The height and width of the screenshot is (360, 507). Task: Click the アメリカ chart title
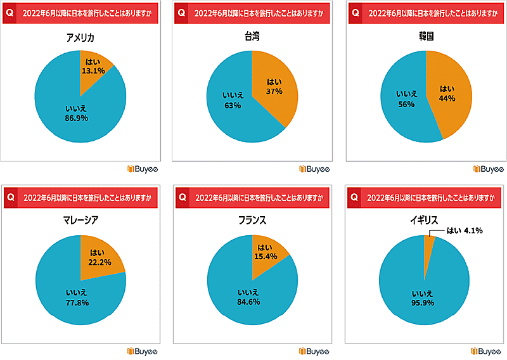[80, 38]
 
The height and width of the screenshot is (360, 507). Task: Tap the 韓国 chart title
[425, 38]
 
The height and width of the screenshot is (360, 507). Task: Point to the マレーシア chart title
[80, 221]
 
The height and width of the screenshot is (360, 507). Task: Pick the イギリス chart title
[425, 221]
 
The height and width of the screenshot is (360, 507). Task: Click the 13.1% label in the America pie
[93, 71]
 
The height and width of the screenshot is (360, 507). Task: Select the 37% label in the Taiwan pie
[274, 91]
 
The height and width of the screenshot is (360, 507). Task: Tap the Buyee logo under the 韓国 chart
[487, 169]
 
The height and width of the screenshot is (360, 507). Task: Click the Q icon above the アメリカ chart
[10, 13]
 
